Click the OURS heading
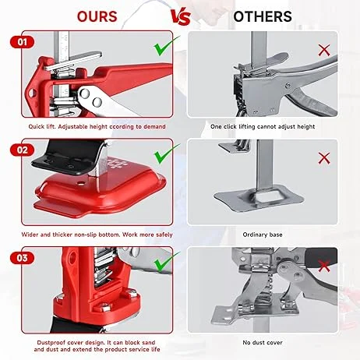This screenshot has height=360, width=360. click(x=97, y=16)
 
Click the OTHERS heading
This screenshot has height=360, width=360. click(x=263, y=16)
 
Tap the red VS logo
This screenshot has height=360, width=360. click(x=181, y=17)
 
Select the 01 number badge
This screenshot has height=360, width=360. click(x=23, y=42)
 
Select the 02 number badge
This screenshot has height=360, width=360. click(x=23, y=150)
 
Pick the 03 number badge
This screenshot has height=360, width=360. click(x=23, y=258)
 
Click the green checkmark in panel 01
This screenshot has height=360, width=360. click(x=166, y=47)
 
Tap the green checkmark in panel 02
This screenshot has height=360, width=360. click(x=166, y=154)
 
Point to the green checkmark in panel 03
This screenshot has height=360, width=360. click(x=166, y=263)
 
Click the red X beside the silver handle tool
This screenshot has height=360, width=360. click(x=324, y=50)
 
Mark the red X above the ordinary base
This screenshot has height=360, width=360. click(x=324, y=158)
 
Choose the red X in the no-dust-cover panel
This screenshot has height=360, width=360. click(x=324, y=266)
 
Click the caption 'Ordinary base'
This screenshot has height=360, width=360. click(x=263, y=235)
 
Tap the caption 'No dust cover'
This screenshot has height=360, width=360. click(x=263, y=343)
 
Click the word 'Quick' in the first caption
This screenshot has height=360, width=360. click(x=37, y=127)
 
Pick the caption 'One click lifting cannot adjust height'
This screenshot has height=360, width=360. click(x=263, y=127)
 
